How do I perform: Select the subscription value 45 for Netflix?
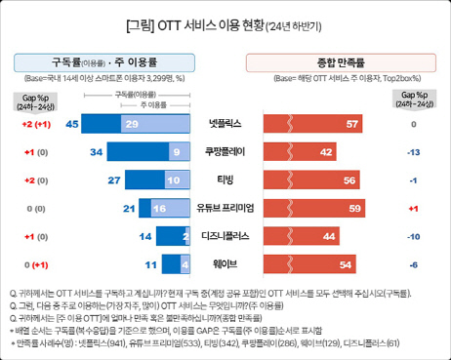pos(71,125)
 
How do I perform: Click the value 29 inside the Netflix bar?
pos(132,125)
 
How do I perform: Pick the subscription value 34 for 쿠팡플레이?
pos(96,152)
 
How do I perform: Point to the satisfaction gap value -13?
pos(414,152)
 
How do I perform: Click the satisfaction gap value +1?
pos(414,208)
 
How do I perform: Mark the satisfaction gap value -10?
pos(414,236)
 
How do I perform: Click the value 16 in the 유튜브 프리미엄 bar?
pos(159,208)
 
